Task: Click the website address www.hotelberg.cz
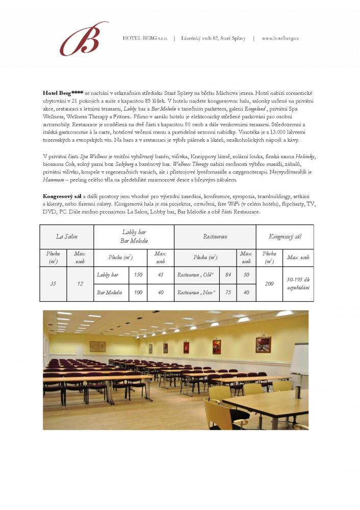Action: coord(280,38)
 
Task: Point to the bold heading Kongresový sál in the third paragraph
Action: coord(61,196)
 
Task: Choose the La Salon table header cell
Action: coord(67,237)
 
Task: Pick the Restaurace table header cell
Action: coord(215,237)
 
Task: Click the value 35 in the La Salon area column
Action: coord(53,284)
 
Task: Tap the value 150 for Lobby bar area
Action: coord(138,275)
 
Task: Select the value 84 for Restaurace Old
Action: coord(228,275)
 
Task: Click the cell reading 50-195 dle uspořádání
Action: coord(298,284)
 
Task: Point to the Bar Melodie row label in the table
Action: coord(109,292)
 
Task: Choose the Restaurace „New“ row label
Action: coord(196,292)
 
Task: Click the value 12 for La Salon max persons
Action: coord(80,284)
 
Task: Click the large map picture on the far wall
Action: coord(97,347)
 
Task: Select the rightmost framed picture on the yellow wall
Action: coord(263,344)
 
